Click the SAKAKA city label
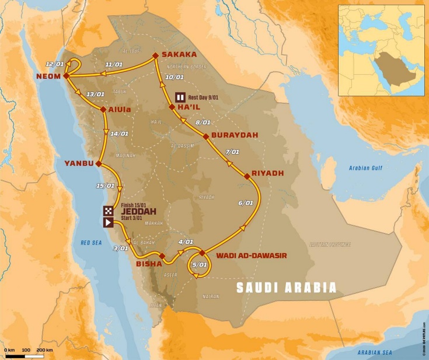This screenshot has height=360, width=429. (x=179, y=54)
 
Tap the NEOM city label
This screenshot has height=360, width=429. (x=48, y=76)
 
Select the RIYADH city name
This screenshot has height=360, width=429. (x=267, y=173)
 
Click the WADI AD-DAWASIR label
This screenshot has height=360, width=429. (x=252, y=255)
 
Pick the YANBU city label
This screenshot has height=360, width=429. (x=79, y=163)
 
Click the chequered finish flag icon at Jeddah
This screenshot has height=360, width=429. (x=109, y=211)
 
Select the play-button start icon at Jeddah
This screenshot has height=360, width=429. (x=109, y=222)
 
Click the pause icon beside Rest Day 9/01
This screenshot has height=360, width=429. (x=181, y=97)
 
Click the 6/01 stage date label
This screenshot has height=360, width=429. (x=246, y=203)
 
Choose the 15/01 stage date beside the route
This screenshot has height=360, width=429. (x=106, y=186)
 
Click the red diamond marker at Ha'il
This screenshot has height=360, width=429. (x=172, y=107)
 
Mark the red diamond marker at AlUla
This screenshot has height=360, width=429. (x=103, y=109)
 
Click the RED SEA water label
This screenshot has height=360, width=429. (x=91, y=240)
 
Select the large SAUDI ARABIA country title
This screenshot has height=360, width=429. (x=286, y=288)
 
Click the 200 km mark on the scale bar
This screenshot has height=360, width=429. (x=44, y=349)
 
